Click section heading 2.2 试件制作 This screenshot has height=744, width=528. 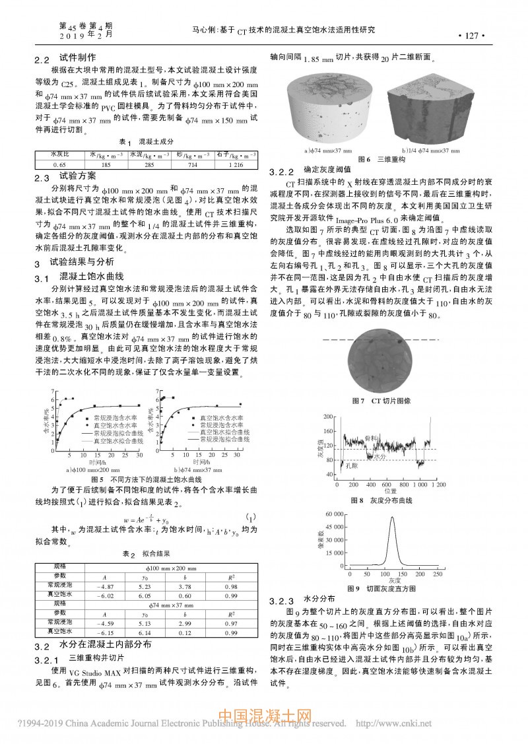pos(65,58)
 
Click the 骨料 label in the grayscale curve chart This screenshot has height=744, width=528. pos(370,438)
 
